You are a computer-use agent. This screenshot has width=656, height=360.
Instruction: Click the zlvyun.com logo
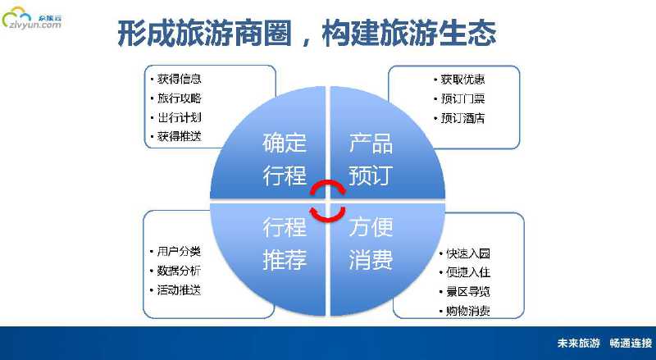[x=33, y=19]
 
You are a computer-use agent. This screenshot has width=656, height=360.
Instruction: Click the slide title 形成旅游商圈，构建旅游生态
[x=306, y=34]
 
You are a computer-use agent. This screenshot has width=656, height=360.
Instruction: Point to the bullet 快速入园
[x=467, y=253]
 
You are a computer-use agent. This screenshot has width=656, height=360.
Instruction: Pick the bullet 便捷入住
[x=467, y=271]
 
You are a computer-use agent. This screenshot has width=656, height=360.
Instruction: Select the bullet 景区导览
[x=467, y=291]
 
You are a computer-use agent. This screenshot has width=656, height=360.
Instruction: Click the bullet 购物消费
[x=467, y=311]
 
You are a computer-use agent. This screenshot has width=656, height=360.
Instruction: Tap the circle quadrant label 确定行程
[x=285, y=159]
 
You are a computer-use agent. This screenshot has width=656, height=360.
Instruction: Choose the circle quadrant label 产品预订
[x=371, y=159]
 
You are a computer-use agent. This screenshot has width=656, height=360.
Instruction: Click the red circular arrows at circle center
[x=328, y=200]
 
